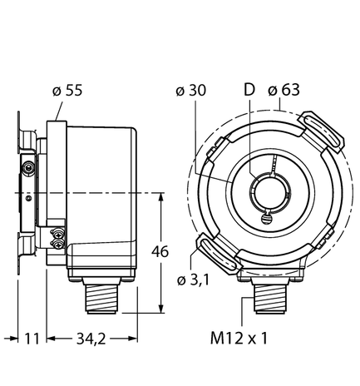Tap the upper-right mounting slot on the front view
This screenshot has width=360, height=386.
coord(320,135)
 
